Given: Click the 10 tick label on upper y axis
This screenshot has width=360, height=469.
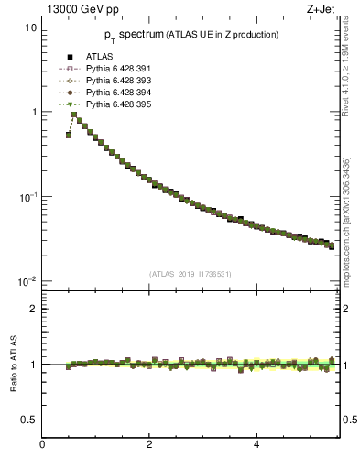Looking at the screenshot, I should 31,27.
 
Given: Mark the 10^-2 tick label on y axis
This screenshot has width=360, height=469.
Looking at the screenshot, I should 27,281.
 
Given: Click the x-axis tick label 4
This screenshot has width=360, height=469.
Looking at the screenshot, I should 256,446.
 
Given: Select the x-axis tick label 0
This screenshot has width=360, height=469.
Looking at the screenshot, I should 42,446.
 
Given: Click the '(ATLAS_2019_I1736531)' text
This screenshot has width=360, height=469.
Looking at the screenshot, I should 189,273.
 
